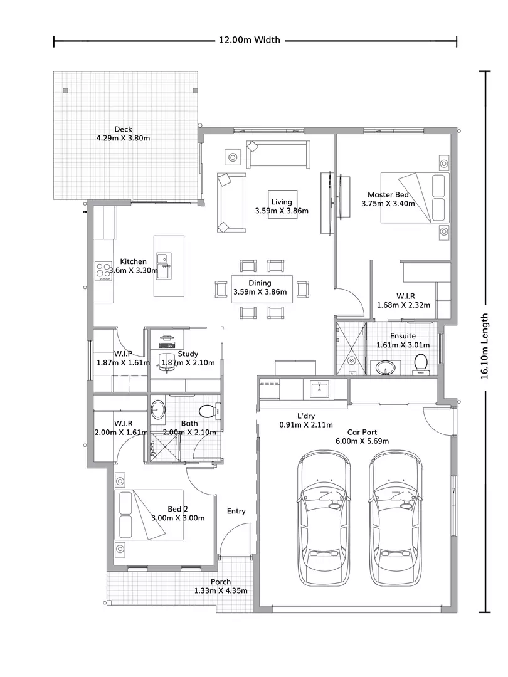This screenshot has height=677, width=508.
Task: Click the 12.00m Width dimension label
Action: (x=249, y=40)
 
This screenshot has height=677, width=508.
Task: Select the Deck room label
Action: (x=123, y=129)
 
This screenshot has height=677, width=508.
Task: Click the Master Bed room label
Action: (x=388, y=195)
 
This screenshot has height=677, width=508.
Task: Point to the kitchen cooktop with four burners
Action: (x=103, y=270)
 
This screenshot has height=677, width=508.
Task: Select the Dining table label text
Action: (x=259, y=283)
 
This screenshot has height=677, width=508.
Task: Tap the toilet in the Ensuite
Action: (x=421, y=363)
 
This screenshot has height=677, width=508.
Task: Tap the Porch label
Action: (x=221, y=582)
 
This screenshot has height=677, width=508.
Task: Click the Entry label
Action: (x=236, y=511)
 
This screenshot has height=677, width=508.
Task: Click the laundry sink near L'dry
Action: (x=319, y=389)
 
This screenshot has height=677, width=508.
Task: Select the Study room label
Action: (x=188, y=354)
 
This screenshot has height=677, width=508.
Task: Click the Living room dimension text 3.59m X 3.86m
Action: (x=282, y=211)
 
